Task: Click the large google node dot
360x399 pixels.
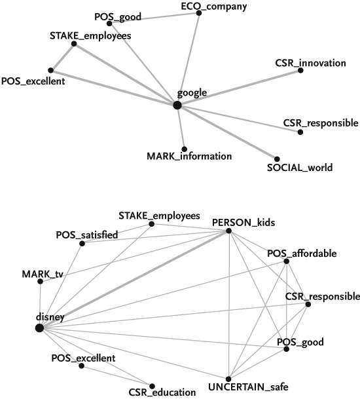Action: click(x=177, y=105)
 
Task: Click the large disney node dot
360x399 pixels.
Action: click(x=39, y=328)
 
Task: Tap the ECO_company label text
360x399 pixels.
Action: click(x=214, y=7)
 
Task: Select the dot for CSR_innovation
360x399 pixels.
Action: click(x=300, y=70)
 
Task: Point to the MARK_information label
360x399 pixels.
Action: click(x=189, y=156)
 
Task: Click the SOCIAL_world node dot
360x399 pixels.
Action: click(x=277, y=159)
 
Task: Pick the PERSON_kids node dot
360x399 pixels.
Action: click(x=228, y=231)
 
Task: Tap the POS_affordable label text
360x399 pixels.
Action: click(x=302, y=254)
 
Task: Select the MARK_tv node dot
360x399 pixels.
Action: click(x=40, y=282)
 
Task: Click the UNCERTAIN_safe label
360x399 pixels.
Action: click(x=248, y=387)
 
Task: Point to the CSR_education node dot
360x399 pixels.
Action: click(x=152, y=387)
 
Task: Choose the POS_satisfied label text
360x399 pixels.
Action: click(x=87, y=235)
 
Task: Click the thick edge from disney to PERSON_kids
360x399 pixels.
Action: click(x=134, y=279)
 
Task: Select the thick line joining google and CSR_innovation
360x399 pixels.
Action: click(x=239, y=88)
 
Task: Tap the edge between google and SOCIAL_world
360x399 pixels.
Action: click(x=227, y=132)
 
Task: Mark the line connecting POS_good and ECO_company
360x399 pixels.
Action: click(x=154, y=18)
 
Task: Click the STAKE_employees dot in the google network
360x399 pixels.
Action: click(x=74, y=44)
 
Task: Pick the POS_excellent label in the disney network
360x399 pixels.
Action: click(x=83, y=358)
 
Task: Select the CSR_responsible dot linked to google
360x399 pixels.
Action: click(x=300, y=132)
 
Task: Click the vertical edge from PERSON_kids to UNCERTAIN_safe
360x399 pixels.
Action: click(x=229, y=305)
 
